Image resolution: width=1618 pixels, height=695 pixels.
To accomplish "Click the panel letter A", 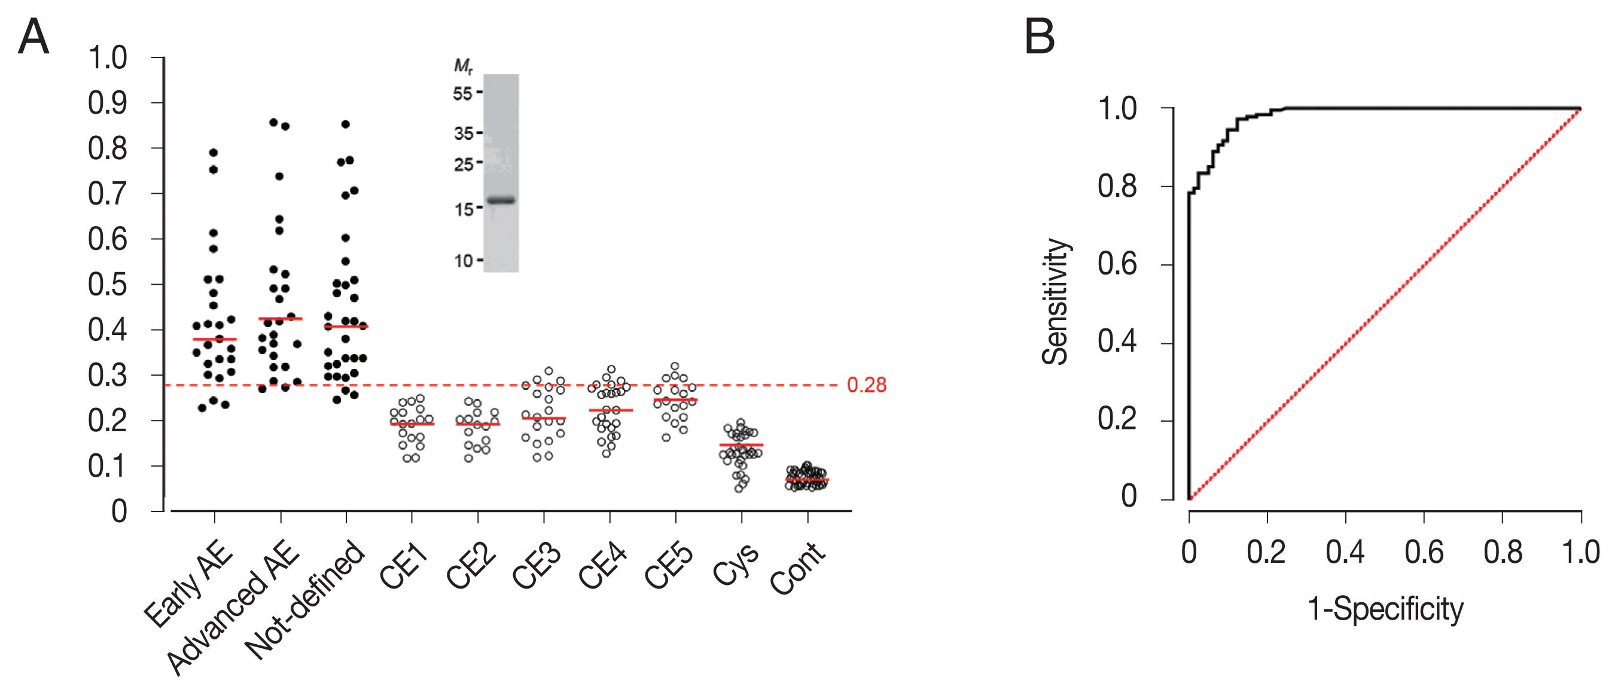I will pyautogui.click(x=34, y=37).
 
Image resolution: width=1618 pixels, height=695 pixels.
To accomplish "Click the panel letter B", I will pyautogui.click(x=1040, y=37).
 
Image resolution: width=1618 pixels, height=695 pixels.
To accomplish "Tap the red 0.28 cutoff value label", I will pyautogui.click(x=866, y=385).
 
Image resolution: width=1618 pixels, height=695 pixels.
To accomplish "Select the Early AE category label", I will pyautogui.click(x=188, y=584).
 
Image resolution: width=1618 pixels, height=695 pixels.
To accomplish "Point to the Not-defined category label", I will pyautogui.click(x=304, y=599).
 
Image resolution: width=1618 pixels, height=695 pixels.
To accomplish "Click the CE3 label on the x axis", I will pyautogui.click(x=538, y=568).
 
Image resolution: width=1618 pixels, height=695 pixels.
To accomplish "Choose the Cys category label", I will pyautogui.click(x=736, y=565).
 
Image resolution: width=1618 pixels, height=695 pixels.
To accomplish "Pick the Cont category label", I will pyautogui.click(x=798, y=568).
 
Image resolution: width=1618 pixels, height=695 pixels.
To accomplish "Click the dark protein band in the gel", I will pyautogui.click(x=501, y=200).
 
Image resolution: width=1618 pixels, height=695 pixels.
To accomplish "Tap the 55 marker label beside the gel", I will pyautogui.click(x=463, y=93).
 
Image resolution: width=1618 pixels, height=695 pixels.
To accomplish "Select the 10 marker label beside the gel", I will pyautogui.click(x=464, y=261).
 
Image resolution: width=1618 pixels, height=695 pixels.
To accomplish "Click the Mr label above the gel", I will pyautogui.click(x=463, y=66).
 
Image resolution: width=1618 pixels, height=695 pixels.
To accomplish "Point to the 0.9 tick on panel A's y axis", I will pyautogui.click(x=108, y=103).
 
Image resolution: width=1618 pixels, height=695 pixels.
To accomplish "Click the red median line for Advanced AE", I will pyautogui.click(x=280, y=319).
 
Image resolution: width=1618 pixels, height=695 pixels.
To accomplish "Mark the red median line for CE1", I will pyautogui.click(x=412, y=424).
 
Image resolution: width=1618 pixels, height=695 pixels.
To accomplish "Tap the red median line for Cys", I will pyautogui.click(x=741, y=444).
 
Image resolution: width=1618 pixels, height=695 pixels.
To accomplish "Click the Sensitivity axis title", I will pyautogui.click(x=1055, y=302).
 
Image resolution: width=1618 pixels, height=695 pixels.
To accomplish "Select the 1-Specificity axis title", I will pyautogui.click(x=1385, y=609).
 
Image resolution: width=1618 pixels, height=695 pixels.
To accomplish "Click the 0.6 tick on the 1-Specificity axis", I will pyautogui.click(x=1424, y=553).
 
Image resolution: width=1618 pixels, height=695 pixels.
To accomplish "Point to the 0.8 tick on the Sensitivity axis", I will pyautogui.click(x=1117, y=187).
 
